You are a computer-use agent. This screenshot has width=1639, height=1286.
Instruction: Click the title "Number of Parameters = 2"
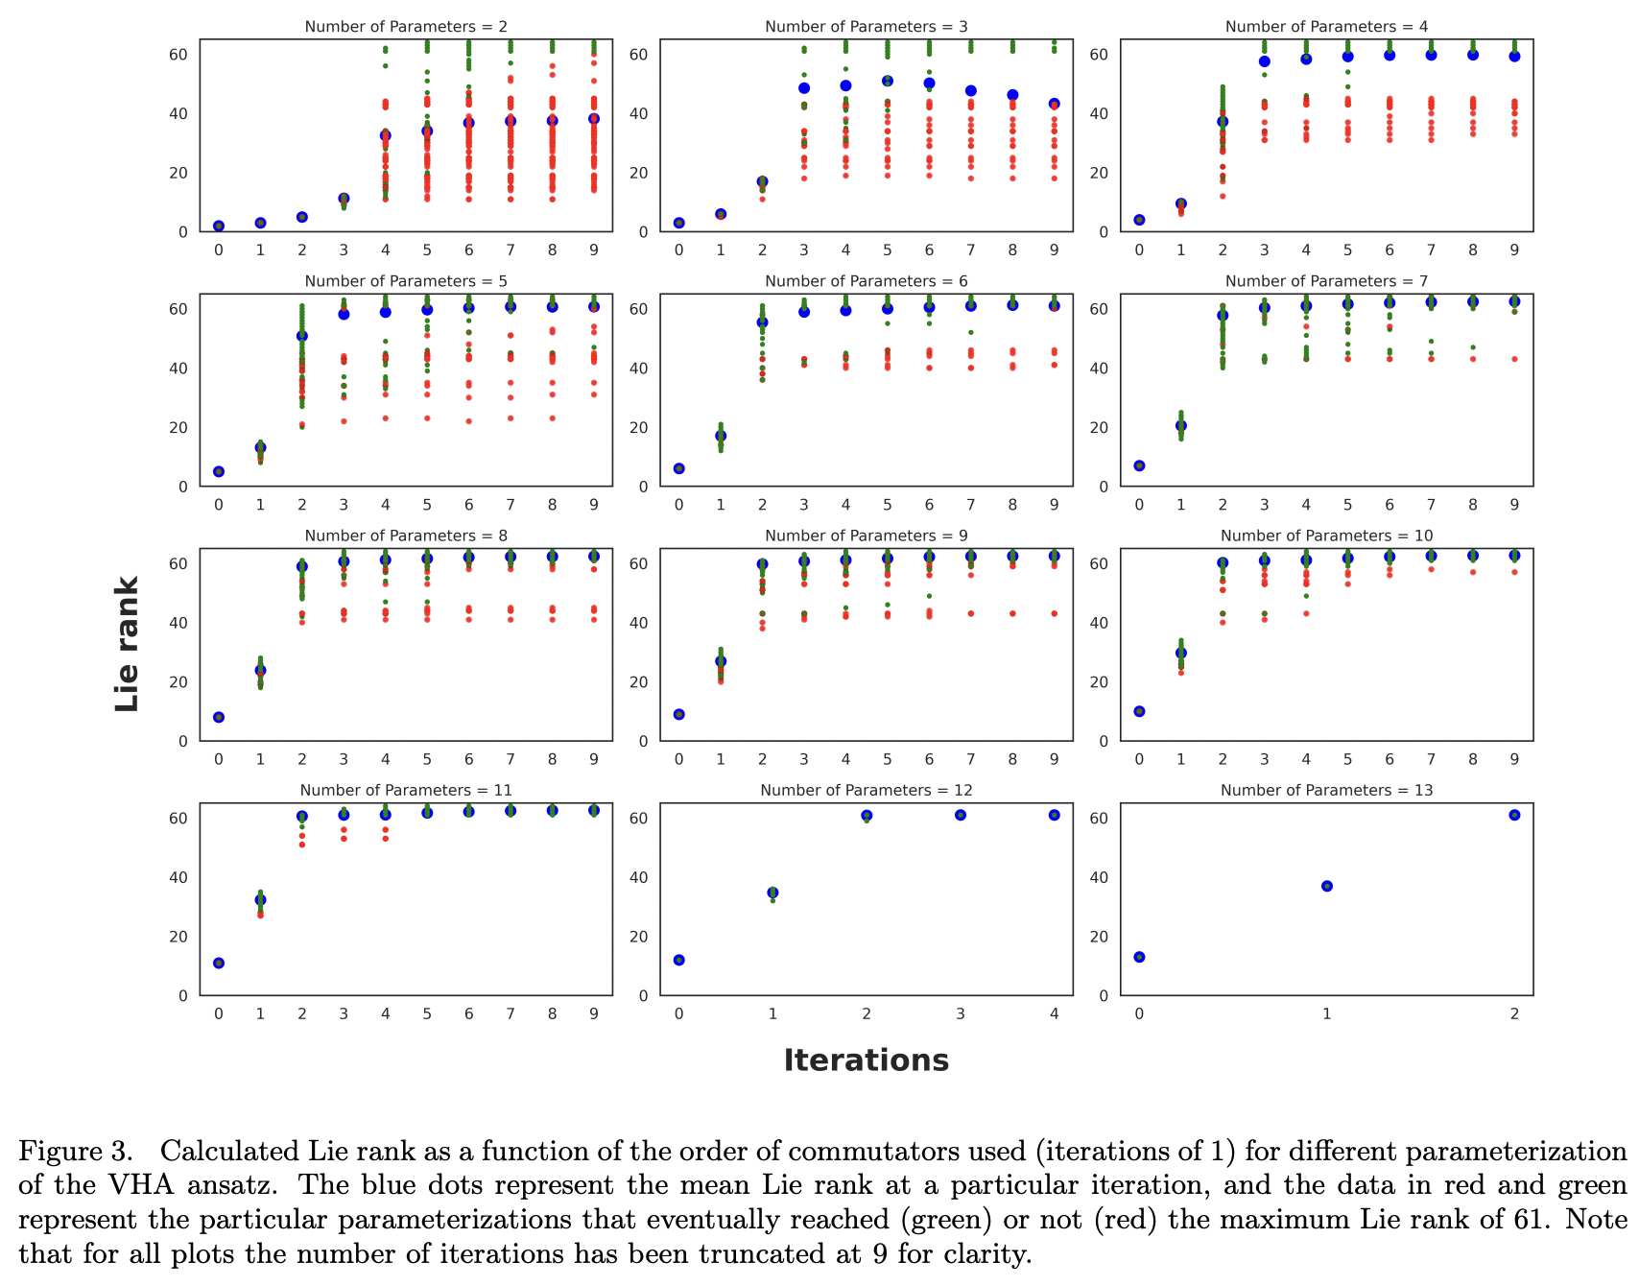(x=406, y=27)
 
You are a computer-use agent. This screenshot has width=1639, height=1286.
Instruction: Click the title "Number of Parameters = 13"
(x=1326, y=790)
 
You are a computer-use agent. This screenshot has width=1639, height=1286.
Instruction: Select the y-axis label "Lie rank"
(x=128, y=644)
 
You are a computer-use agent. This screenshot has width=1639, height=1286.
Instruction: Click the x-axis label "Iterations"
(x=866, y=1060)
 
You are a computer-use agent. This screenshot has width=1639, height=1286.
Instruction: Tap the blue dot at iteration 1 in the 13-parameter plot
(x=1327, y=886)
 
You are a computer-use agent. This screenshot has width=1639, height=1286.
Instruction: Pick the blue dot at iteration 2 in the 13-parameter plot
(x=1514, y=815)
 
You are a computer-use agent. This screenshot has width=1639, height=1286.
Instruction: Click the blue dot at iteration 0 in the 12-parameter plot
(x=679, y=960)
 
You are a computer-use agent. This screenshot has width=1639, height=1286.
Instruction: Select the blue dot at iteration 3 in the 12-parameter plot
(x=961, y=815)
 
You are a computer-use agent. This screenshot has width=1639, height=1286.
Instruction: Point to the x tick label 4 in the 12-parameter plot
(x=1054, y=1014)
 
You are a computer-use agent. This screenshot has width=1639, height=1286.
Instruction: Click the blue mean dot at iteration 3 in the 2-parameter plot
(x=344, y=199)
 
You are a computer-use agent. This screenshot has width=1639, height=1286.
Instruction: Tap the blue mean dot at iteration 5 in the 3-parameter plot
(x=888, y=82)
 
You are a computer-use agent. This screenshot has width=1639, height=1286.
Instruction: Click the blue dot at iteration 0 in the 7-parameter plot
(x=1139, y=465)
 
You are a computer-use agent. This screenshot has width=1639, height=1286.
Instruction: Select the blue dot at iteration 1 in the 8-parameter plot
(x=260, y=670)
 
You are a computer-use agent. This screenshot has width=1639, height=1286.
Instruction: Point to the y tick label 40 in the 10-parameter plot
(x=1099, y=623)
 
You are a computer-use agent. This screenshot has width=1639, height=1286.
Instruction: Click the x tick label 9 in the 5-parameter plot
(x=594, y=505)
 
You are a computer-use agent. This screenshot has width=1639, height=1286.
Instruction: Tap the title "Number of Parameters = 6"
(x=866, y=281)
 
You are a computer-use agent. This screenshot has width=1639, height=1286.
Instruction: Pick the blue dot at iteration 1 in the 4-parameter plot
(x=1181, y=204)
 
